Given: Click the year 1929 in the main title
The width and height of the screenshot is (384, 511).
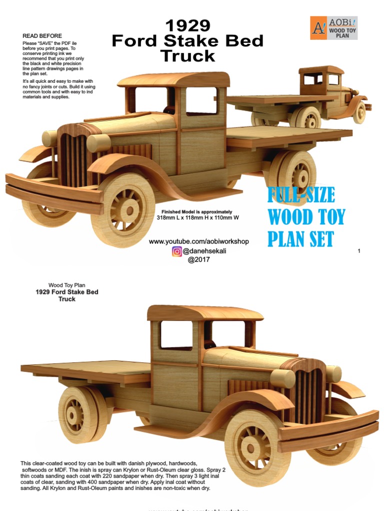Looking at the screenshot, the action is coord(187,26).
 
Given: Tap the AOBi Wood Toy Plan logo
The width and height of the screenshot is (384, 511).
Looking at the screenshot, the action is coord(333,28).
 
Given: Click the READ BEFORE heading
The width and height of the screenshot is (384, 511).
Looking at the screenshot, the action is coord(42,36).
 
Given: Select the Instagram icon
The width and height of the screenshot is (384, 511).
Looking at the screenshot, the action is coord(177,251).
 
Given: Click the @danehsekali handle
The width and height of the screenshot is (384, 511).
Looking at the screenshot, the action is coord(204,251).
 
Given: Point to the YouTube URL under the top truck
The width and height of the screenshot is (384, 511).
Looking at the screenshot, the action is coord(198,242).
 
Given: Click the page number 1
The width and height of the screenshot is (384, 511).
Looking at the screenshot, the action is coord(359,251).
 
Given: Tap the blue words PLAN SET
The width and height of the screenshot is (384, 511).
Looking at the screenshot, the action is coord(300,239).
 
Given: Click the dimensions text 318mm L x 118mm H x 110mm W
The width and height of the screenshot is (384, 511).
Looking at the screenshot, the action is coord(198,218).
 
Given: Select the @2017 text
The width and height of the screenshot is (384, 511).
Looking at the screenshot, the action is coord(198,259).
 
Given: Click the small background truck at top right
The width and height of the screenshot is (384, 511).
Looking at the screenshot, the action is coord(320,97).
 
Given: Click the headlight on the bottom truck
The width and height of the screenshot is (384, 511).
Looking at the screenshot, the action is coord(283,378).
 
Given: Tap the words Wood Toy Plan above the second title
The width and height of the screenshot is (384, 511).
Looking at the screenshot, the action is coord(66,285).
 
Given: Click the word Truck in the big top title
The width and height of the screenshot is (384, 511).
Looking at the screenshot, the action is coord(187,56).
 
